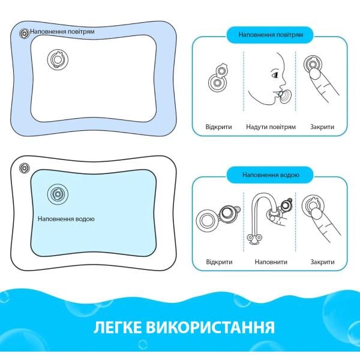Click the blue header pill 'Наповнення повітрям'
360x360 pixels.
pyautogui.click(x=270, y=35)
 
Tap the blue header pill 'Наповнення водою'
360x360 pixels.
pyautogui.click(x=270, y=175)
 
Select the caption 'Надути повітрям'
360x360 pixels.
pyautogui.click(x=271, y=127)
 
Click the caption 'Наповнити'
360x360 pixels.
pyautogui.click(x=271, y=262)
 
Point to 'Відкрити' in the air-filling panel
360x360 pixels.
pyautogui.click(x=218, y=127)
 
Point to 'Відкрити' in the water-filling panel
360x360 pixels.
pyautogui.click(x=219, y=262)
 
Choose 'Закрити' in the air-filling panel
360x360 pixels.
pyautogui.click(x=322, y=127)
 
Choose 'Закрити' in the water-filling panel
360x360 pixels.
pyautogui.click(x=322, y=262)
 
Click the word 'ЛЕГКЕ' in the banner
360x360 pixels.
pyautogui.click(x=118, y=327)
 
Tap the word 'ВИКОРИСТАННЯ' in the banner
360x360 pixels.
pyautogui.click(x=211, y=328)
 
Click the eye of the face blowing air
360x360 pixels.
pyautogui.click(x=275, y=74)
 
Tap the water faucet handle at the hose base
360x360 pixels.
pyautogui.click(x=254, y=239)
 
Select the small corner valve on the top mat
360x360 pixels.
pyautogui.click(x=25, y=33)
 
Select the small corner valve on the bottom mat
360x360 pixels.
pyautogui.click(x=25, y=168)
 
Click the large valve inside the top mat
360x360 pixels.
pyautogui.click(x=58, y=59)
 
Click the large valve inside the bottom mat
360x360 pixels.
pyautogui.click(x=58, y=194)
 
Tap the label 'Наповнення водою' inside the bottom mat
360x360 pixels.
pyautogui.click(x=66, y=219)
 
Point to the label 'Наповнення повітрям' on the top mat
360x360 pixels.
pyautogui.click(x=62, y=31)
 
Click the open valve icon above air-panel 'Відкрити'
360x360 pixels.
pyautogui.click(x=218, y=77)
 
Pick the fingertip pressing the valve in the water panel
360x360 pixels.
pyautogui.click(x=316, y=214)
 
